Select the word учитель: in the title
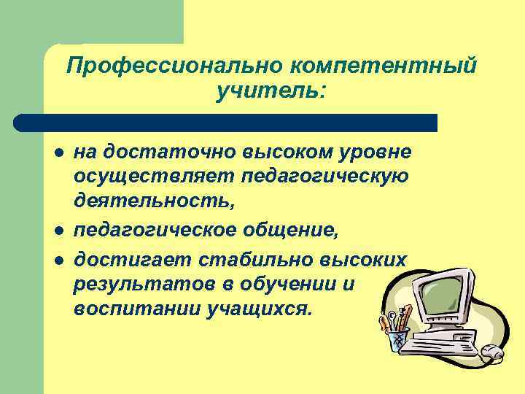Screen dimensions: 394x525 271,93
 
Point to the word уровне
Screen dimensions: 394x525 375,152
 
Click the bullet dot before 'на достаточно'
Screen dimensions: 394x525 57,153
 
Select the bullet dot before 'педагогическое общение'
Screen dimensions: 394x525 57,231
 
